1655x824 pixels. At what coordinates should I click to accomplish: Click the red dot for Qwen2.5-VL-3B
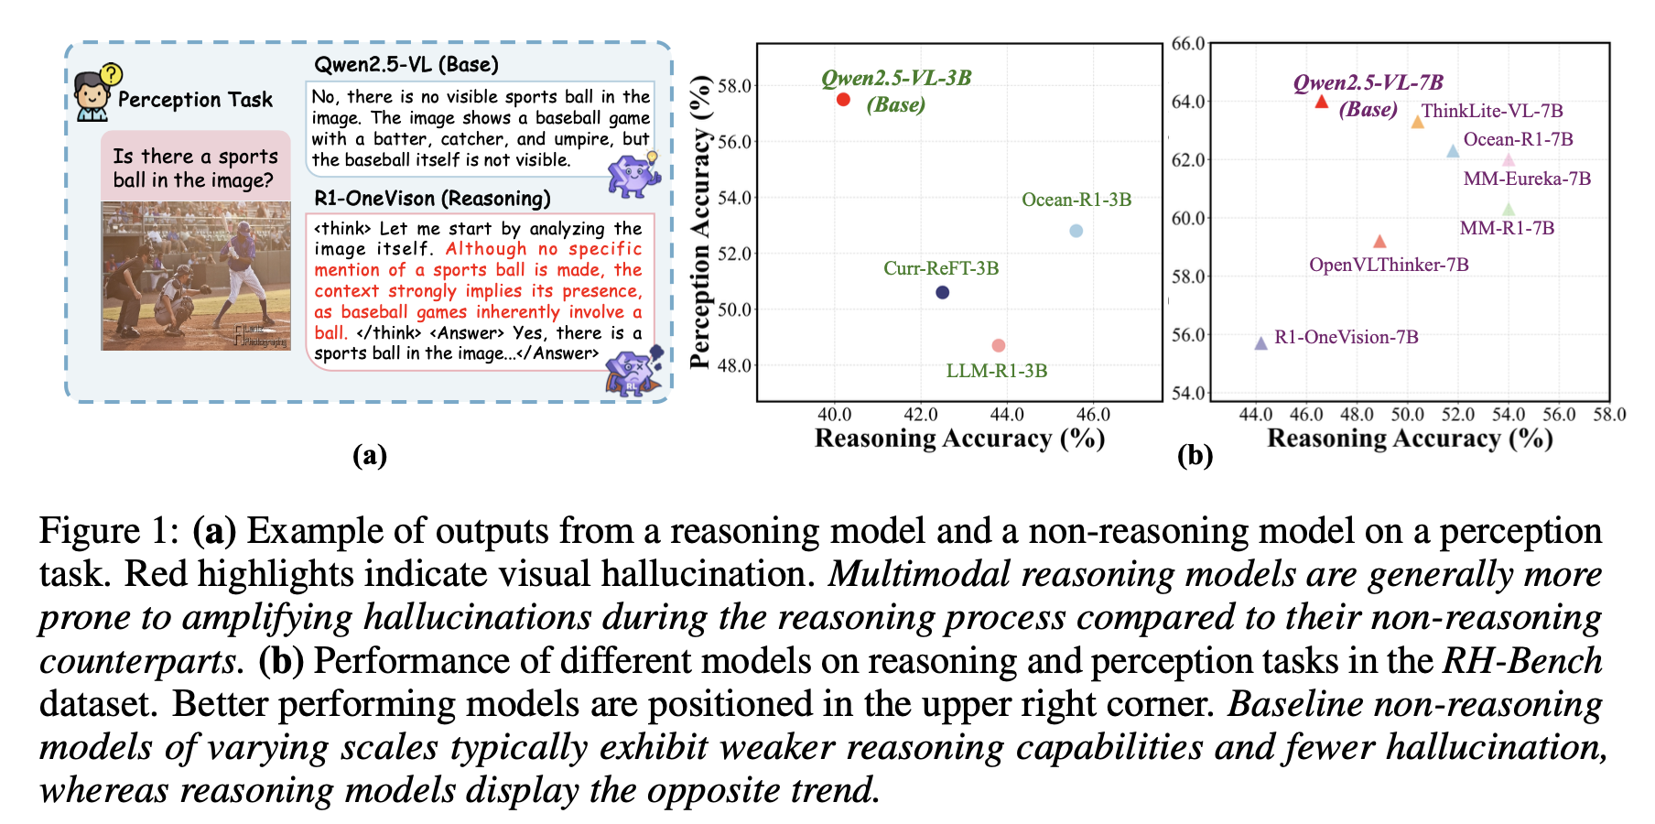pos(843,99)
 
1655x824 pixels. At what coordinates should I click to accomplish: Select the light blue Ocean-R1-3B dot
pos(1076,231)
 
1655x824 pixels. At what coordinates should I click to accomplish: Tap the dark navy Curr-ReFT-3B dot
pos(942,292)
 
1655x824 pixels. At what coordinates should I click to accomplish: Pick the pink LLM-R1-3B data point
pos(998,345)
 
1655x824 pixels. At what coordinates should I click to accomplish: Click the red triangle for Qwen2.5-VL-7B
pos(1321,102)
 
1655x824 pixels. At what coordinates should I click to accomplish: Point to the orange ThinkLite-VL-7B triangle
pos(1417,122)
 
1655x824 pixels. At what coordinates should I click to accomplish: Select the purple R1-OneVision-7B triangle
pos(1260,343)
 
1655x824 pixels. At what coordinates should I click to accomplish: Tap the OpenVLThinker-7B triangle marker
pos(1379,242)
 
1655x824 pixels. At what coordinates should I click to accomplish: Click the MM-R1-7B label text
pos(1507,228)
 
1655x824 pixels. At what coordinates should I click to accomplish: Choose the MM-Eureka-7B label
pos(1527,179)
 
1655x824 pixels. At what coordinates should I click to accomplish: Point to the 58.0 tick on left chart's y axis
pos(734,86)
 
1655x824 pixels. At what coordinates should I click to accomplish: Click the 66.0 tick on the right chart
pos(1188,44)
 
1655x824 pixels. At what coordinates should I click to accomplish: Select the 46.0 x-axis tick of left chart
pos(1092,415)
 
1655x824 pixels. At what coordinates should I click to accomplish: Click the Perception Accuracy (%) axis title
pos(700,222)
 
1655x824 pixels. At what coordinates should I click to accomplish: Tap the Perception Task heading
pos(195,100)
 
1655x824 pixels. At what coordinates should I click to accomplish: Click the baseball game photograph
pos(195,276)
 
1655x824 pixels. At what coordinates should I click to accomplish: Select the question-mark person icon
pos(95,92)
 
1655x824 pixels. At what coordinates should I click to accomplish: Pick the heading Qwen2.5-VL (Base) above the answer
pos(406,65)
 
